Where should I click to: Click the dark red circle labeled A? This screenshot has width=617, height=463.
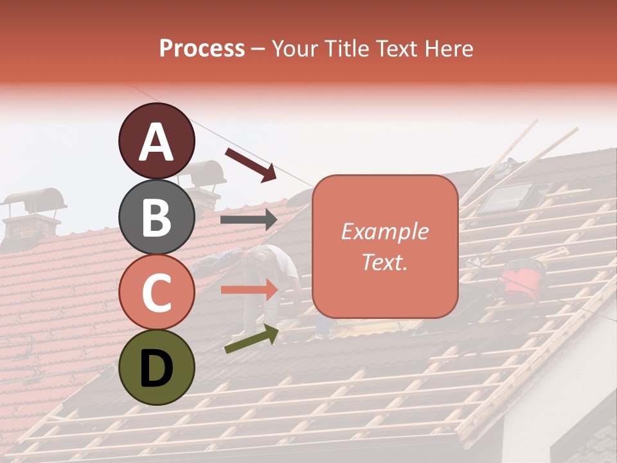click(x=157, y=141)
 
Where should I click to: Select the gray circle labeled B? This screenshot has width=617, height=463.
click(x=157, y=217)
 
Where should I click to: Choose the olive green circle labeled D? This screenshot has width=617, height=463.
click(x=157, y=368)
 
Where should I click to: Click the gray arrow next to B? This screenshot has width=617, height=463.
click(x=249, y=220)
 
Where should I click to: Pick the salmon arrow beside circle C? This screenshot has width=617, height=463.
click(x=249, y=290)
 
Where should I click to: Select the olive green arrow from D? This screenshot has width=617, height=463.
click(x=251, y=339)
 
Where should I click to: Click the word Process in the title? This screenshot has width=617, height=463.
click(x=202, y=48)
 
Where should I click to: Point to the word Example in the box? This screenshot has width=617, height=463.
click(x=385, y=232)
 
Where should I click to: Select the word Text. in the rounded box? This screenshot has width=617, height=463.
click(x=385, y=262)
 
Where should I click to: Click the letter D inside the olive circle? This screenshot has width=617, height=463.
click(x=157, y=368)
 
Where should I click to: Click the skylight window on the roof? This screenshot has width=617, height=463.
click(x=507, y=197)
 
